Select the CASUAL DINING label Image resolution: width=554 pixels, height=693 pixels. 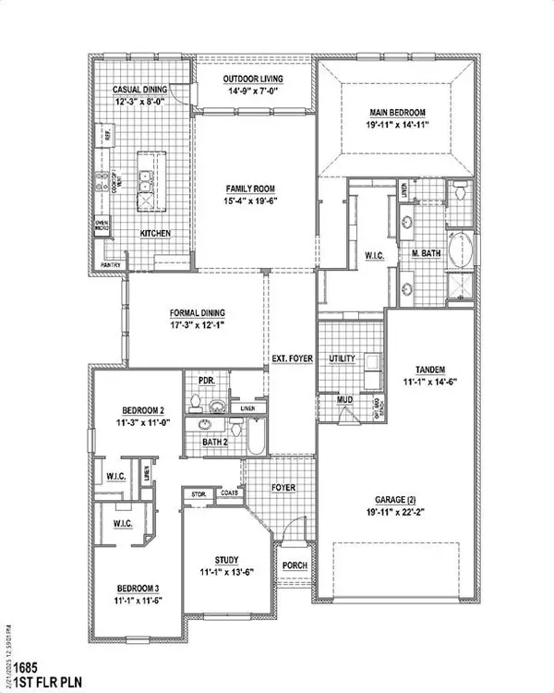point(138,89)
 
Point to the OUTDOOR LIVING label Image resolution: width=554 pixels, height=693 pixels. point(252,79)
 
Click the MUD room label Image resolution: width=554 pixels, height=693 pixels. point(344,400)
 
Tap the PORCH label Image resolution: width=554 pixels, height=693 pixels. point(295,565)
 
